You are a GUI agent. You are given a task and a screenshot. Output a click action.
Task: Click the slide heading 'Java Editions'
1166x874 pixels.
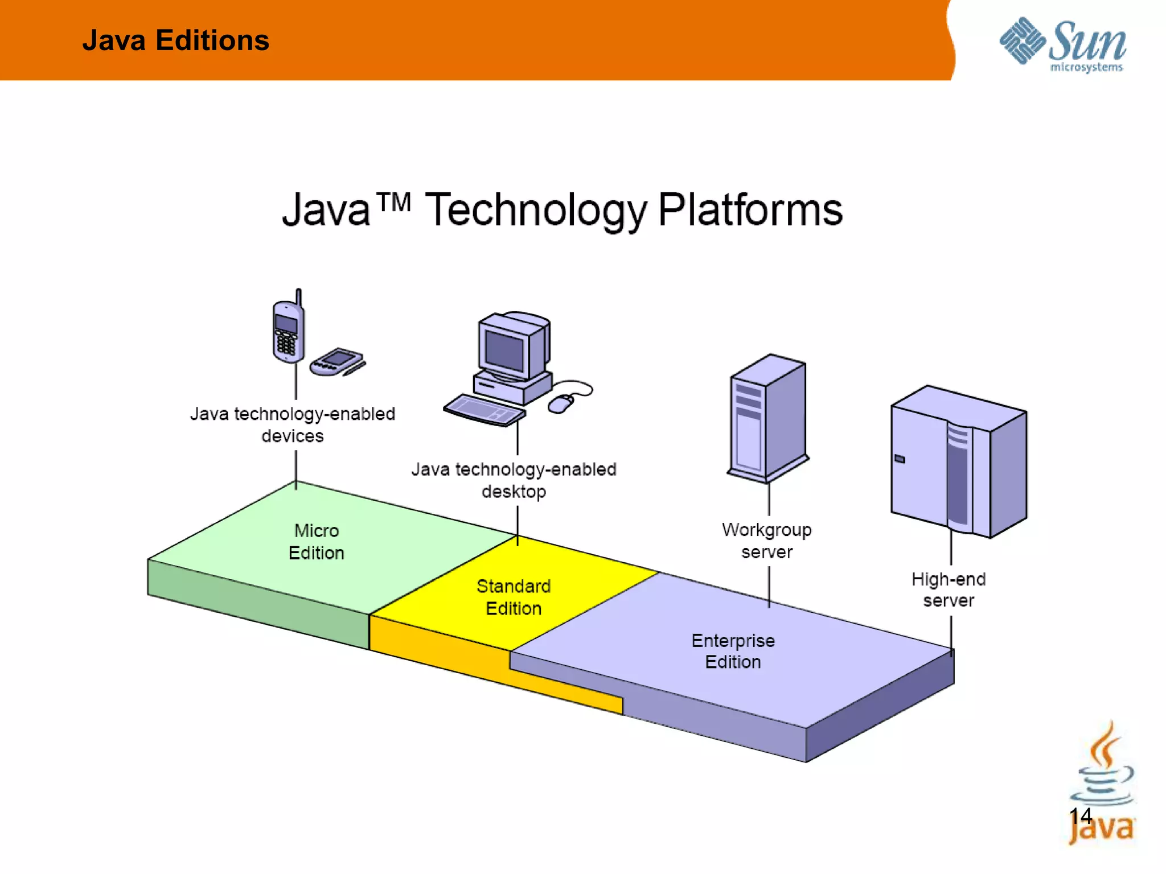pos(175,40)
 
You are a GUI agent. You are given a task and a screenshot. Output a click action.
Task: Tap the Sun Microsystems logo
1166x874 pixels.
pos(1062,44)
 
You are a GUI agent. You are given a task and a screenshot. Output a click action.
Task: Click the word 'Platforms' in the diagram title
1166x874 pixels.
pos(750,210)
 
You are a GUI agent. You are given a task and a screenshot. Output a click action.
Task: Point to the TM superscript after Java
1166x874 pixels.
pos(393,202)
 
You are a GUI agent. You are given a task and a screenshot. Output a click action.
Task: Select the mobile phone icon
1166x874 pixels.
pos(288,331)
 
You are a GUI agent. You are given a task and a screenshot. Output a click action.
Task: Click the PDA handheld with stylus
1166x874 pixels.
pos(337,362)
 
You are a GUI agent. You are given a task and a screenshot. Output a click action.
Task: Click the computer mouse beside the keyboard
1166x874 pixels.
pos(561,403)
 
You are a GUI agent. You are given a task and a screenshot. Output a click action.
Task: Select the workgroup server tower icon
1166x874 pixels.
pos(768,418)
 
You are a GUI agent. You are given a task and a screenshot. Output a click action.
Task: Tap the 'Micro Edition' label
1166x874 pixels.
pos(317,542)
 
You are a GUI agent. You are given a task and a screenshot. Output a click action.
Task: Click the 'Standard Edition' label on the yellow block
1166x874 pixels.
pos(514,597)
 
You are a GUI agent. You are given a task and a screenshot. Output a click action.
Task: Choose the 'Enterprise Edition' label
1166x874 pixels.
pos(733,652)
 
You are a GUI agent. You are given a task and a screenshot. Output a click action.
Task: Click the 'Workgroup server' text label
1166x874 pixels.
pos(767,541)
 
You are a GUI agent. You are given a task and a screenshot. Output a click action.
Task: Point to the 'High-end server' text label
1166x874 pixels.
pos(949,590)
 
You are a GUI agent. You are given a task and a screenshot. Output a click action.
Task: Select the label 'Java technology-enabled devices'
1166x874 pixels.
pos(293,424)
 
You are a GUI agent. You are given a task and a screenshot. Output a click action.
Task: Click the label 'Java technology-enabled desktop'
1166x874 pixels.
pos(514,480)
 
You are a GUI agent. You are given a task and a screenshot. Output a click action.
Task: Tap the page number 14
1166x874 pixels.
pos(1080,817)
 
